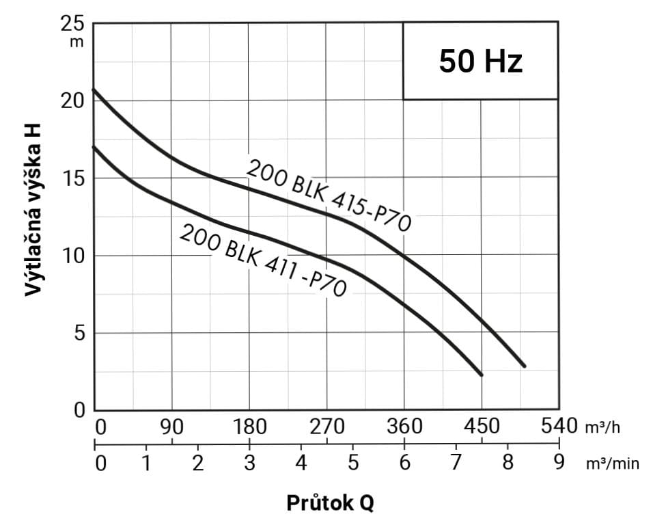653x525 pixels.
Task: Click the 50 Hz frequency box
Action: [480, 62]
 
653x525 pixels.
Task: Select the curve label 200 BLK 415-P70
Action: [328, 196]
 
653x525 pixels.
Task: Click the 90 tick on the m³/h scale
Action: [172, 427]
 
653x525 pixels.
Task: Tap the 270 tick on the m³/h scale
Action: [327, 427]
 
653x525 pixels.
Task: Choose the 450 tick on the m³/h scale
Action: [482, 427]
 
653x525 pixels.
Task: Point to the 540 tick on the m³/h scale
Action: [559, 427]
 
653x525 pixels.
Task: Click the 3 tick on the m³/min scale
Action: [249, 463]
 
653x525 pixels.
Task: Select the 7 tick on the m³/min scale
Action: [456, 463]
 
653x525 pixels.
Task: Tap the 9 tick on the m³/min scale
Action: [559, 463]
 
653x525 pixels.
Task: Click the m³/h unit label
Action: [602, 428]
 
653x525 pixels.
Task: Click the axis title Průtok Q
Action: [330, 503]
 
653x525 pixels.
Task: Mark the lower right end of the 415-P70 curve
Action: [525, 366]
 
